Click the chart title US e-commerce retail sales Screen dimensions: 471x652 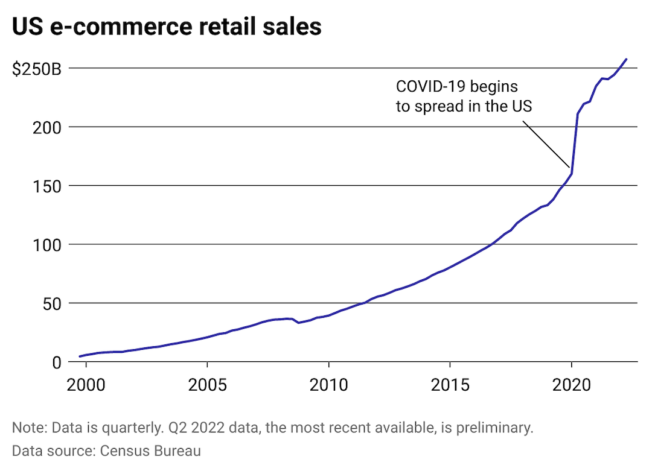coord(167,27)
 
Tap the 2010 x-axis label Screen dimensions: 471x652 coord(328,384)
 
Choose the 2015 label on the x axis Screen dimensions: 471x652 coord(450,384)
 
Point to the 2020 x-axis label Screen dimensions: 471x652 coord(572,384)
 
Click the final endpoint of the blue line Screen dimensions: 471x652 coord(626,59)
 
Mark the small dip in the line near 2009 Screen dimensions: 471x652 coord(298,323)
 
